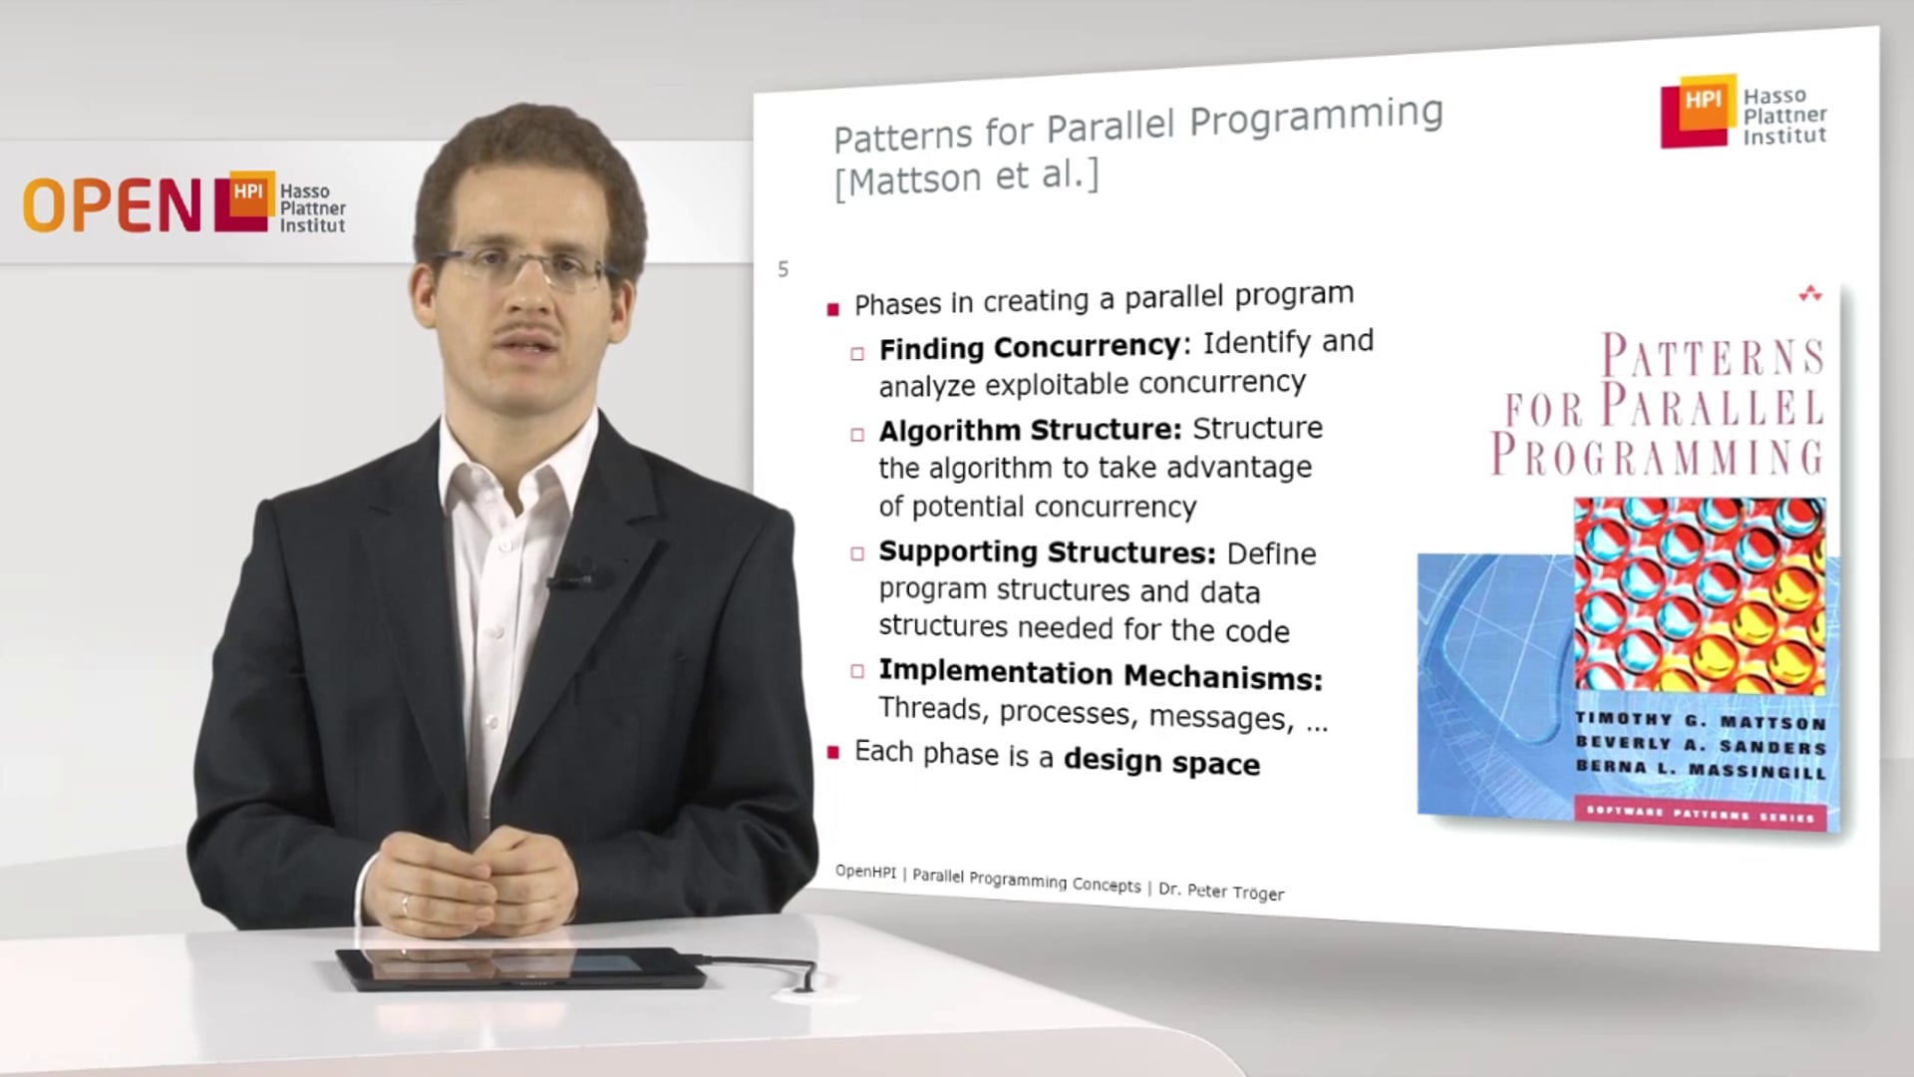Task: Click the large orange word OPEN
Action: (x=112, y=206)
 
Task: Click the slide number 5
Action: (x=784, y=269)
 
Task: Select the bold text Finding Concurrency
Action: (x=1029, y=347)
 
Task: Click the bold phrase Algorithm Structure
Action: (x=1029, y=430)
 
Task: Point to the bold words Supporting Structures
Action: (x=1047, y=551)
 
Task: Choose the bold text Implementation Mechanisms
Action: (x=1100, y=674)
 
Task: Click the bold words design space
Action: (x=1161, y=762)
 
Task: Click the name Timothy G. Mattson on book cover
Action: (x=1700, y=720)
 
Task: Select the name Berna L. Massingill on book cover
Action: (x=1700, y=769)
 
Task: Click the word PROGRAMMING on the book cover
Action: (x=1657, y=455)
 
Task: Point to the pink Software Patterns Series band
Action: (x=1700, y=814)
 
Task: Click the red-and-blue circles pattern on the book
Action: (x=1699, y=595)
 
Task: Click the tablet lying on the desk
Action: (x=518, y=967)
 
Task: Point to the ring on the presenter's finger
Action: (x=404, y=904)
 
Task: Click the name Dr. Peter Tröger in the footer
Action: (x=1221, y=891)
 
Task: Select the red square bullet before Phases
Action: (x=833, y=309)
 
